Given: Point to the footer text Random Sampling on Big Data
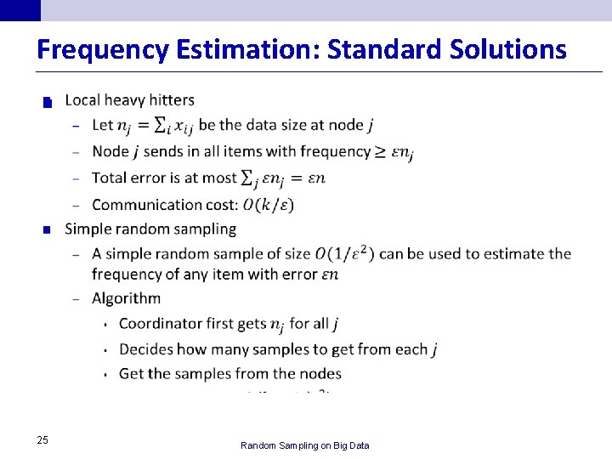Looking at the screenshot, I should [x=305, y=445].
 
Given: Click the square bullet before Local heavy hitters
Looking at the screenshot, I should [x=48, y=103].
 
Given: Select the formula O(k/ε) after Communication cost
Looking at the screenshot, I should [x=269, y=204].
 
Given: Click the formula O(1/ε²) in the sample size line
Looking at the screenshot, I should [x=345, y=253].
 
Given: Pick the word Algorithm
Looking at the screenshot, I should [x=126, y=298].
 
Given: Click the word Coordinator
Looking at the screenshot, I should [x=161, y=324].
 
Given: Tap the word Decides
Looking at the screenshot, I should [x=146, y=349].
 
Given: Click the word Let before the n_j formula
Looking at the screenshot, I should [x=102, y=125].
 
